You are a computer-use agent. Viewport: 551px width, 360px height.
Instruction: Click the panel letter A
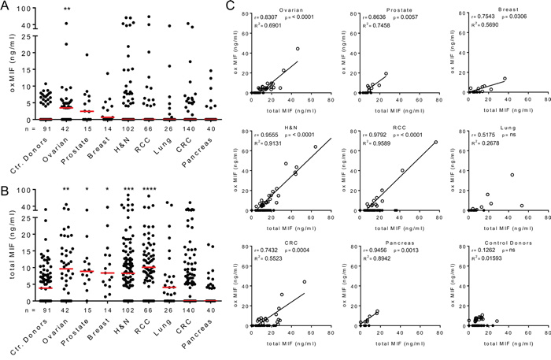[x=6, y=6]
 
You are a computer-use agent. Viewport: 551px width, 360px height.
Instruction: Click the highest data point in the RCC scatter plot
[x=435, y=143]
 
